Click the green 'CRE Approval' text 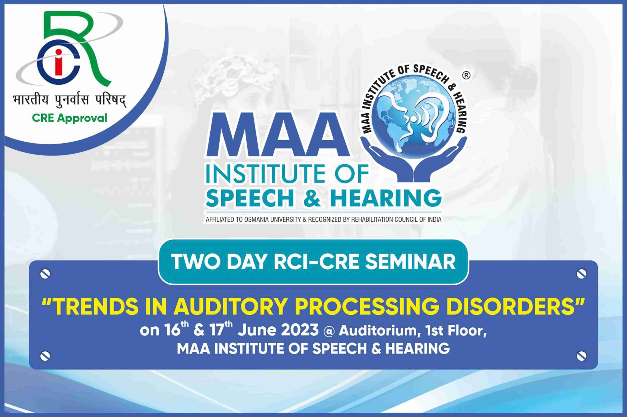point(70,118)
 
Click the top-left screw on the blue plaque point(45,274)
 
